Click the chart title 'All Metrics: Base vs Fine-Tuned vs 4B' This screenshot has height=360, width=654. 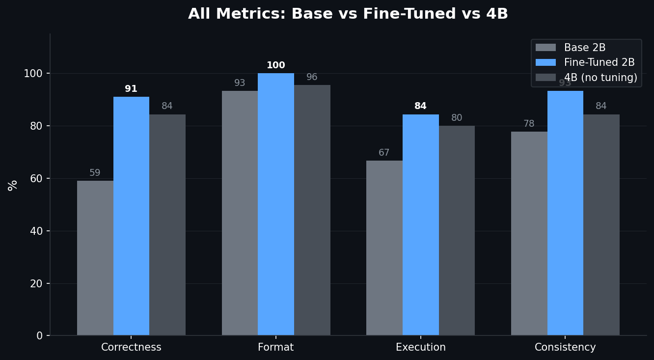348,14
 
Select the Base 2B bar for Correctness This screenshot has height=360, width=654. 95,258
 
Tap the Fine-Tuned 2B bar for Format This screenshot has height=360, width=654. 275,204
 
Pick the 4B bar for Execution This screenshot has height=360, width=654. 457,230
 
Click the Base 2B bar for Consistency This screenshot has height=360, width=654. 529,233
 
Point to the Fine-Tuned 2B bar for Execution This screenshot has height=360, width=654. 420,225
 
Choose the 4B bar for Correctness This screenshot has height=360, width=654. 167,225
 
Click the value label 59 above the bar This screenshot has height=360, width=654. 95,173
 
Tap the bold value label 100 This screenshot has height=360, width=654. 275,65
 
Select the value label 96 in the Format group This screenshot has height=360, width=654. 312,77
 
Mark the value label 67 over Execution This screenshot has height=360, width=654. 384,153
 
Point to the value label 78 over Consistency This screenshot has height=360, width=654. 529,124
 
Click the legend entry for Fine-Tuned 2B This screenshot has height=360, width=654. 599,62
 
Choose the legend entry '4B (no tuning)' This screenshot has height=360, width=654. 600,78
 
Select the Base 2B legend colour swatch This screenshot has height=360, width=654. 545,48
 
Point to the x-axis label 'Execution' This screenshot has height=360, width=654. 420,347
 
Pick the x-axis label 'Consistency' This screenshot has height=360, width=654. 565,347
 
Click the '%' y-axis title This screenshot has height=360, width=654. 13,185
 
